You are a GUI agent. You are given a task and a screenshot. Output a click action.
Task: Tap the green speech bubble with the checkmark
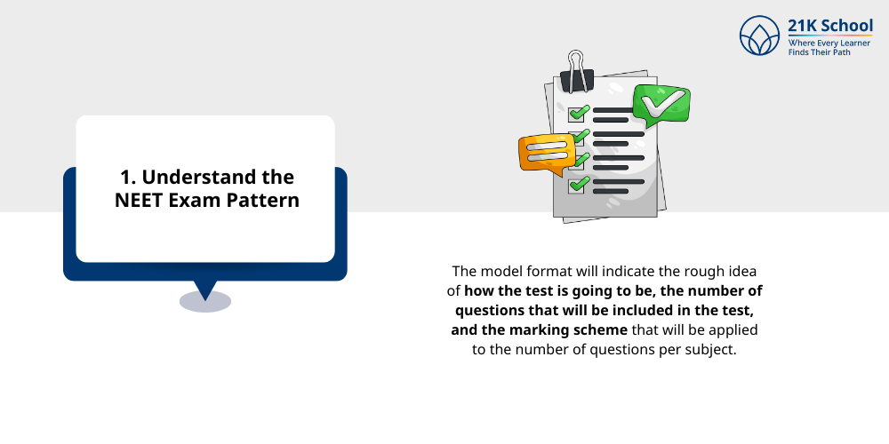pos(660,107)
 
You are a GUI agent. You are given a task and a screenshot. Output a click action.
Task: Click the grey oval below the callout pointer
pos(205,302)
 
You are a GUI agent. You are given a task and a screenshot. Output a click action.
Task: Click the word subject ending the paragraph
pos(712,350)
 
